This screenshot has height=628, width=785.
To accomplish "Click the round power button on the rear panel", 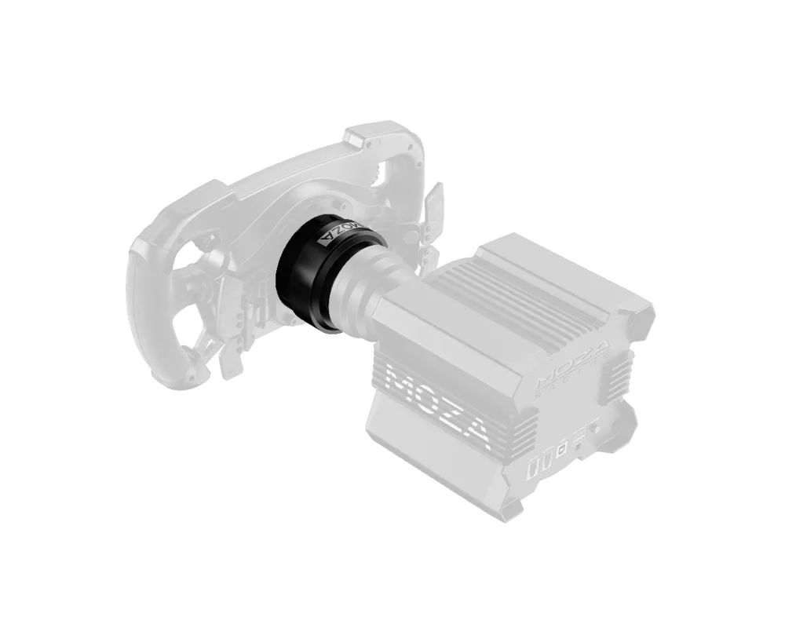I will (593, 430).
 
